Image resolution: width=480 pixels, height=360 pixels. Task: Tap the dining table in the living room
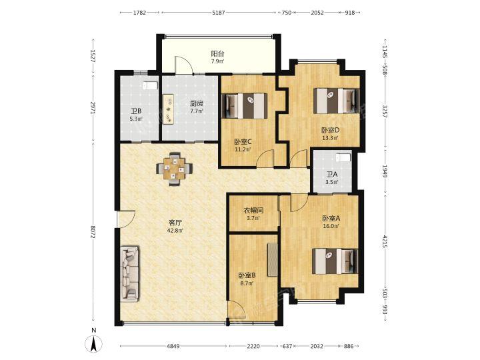[x=173, y=167]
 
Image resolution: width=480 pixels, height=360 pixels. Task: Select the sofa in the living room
[x=129, y=273]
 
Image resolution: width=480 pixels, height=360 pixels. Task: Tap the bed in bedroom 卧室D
[x=335, y=101]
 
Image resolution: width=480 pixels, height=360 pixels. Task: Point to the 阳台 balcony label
[x=217, y=54]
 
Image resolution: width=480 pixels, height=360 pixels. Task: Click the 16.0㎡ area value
[x=331, y=226]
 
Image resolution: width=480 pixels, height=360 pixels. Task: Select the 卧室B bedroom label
[x=247, y=275]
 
